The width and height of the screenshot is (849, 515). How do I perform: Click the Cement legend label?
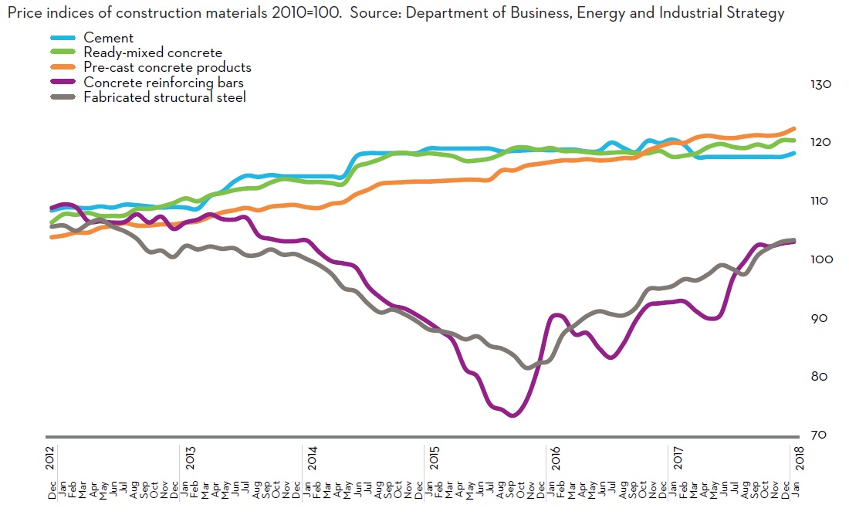click(108, 38)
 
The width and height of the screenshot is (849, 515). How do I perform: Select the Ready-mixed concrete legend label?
click(153, 53)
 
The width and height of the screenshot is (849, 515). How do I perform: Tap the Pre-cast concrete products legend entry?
click(167, 67)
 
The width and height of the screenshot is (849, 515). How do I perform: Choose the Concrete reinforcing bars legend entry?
click(164, 83)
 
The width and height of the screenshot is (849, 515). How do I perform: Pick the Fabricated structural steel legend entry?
click(164, 97)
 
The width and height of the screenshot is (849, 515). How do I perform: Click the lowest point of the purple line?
click(512, 415)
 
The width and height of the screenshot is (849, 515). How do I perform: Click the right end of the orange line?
click(794, 129)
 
